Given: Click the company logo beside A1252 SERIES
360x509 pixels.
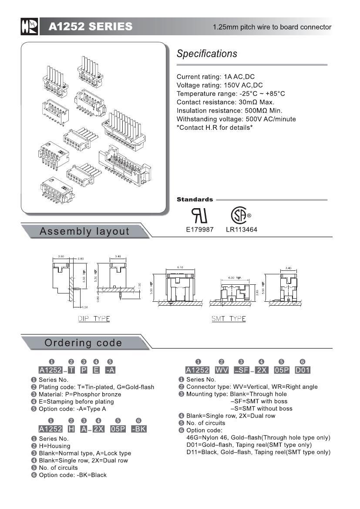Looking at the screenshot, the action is point(30,27).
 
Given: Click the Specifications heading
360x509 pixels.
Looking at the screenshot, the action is point(207,54).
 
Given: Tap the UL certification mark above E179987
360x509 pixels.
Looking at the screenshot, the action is point(200,216).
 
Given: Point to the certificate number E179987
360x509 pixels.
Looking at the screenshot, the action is point(200,229).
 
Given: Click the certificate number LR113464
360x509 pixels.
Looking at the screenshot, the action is point(242,229).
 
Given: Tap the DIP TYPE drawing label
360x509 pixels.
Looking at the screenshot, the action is point(94,319).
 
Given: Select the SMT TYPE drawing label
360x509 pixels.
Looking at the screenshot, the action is point(229,319).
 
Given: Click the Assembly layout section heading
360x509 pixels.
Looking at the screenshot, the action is point(84,231).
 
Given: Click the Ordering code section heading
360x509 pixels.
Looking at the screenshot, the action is point(83,343).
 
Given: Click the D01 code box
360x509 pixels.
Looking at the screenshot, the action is point(303,370).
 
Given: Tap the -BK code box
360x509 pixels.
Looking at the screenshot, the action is point(139,429).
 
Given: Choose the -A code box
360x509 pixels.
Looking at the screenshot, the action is point(111,370).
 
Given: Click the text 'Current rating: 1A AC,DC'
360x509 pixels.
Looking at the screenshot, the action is point(215,77).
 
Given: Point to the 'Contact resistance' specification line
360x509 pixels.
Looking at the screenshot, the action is point(225,102).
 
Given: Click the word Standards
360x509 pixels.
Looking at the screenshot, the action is point(195,199).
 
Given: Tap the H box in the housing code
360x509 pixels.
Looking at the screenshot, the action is point(71,429).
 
